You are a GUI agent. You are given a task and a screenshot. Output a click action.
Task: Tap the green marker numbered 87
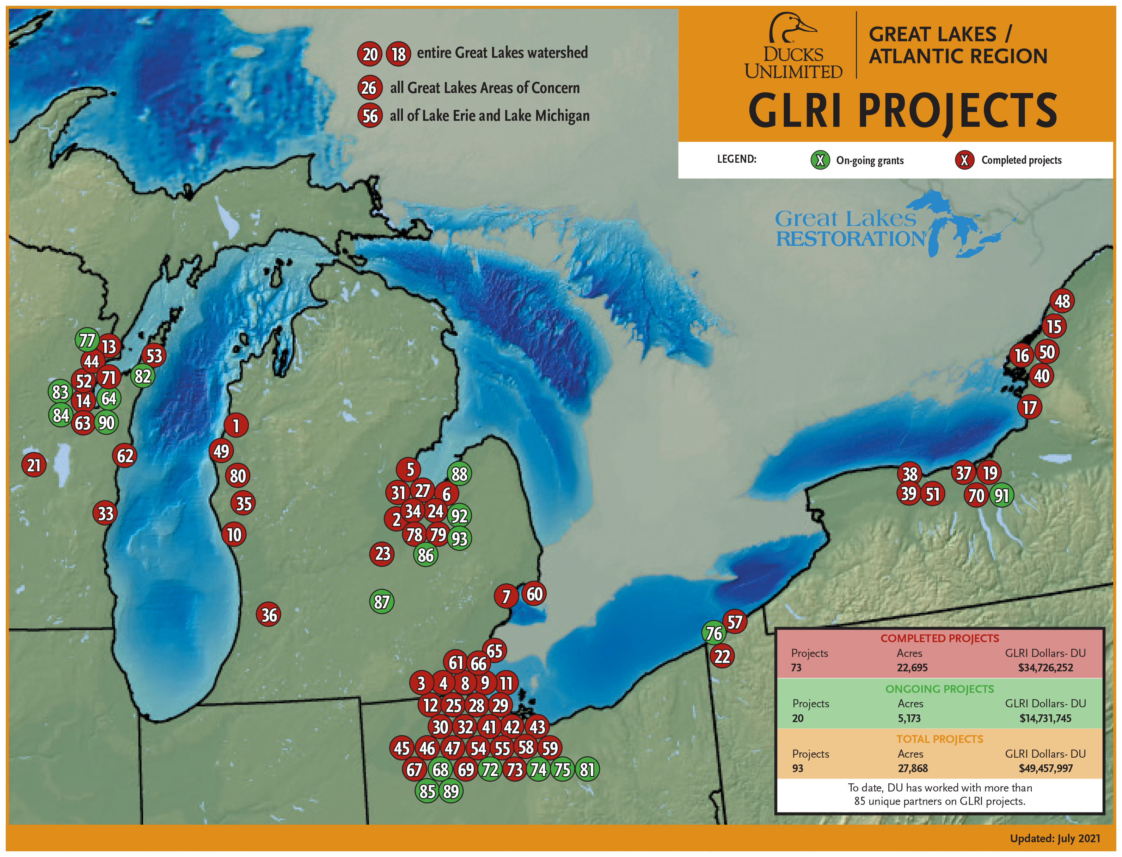(x=381, y=602)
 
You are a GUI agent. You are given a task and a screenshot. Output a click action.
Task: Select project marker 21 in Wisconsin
(x=34, y=465)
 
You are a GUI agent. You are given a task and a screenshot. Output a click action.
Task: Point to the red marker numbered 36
(x=269, y=615)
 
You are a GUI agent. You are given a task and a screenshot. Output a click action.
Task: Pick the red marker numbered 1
(x=236, y=426)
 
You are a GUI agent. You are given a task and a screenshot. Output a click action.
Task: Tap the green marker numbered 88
(x=459, y=474)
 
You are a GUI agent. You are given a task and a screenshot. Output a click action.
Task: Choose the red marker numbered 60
(x=534, y=594)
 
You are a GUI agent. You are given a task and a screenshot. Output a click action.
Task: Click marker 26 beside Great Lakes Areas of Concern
(x=369, y=88)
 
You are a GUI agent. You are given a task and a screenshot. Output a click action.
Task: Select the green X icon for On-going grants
(x=820, y=160)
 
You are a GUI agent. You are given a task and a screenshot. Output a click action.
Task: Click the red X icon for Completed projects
(x=964, y=160)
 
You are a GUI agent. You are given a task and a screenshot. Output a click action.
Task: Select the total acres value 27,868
(x=913, y=768)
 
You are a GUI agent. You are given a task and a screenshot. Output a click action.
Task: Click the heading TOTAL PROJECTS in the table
(x=939, y=739)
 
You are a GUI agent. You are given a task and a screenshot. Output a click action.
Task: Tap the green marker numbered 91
(x=1001, y=495)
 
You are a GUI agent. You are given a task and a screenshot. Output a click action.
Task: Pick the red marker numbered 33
(x=105, y=513)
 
